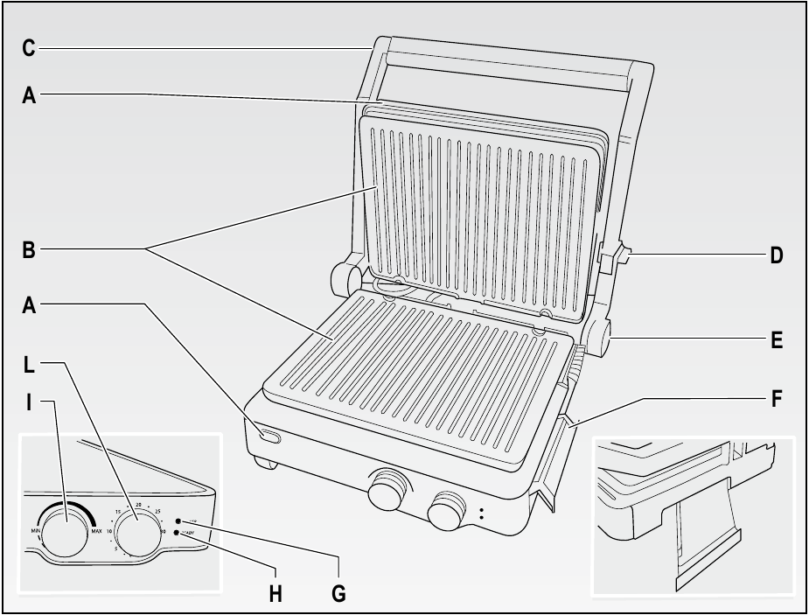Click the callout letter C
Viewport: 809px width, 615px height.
[29, 48]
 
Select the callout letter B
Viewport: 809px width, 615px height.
[29, 249]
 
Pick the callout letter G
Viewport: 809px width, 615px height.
[338, 593]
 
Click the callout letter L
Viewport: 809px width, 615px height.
[29, 361]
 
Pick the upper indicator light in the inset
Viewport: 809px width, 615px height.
[178, 521]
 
